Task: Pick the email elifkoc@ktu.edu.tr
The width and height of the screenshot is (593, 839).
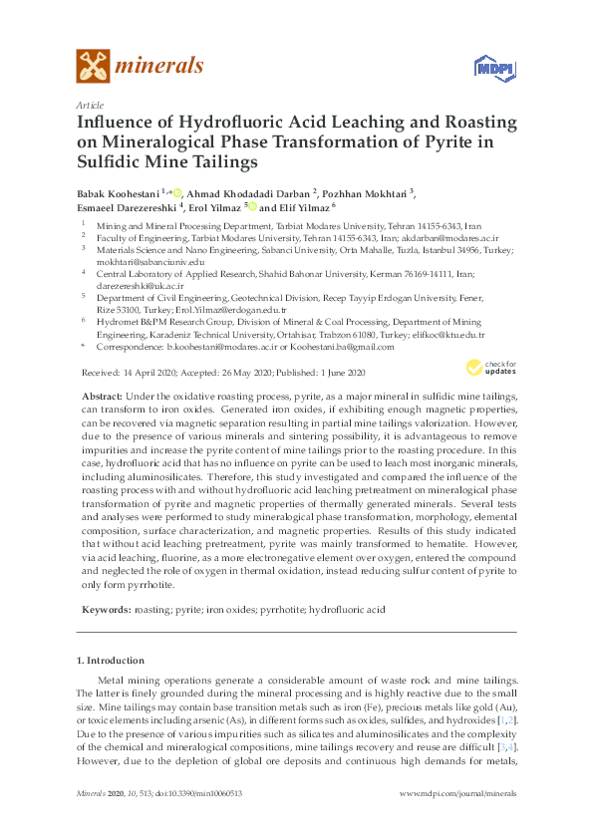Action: pos(447,335)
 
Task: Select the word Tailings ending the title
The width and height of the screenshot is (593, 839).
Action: pos(215,160)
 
